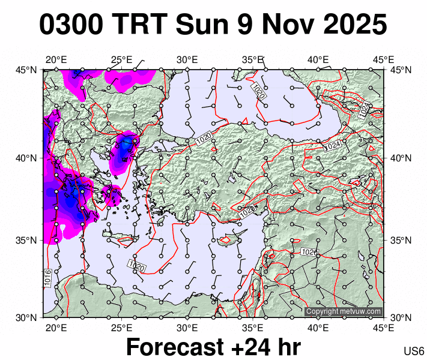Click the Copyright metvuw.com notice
pos(344,311)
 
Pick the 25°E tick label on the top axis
pos(122,59)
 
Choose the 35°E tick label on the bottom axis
pos(253,328)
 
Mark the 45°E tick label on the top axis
pos(384,59)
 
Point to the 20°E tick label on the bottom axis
pos(56,328)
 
